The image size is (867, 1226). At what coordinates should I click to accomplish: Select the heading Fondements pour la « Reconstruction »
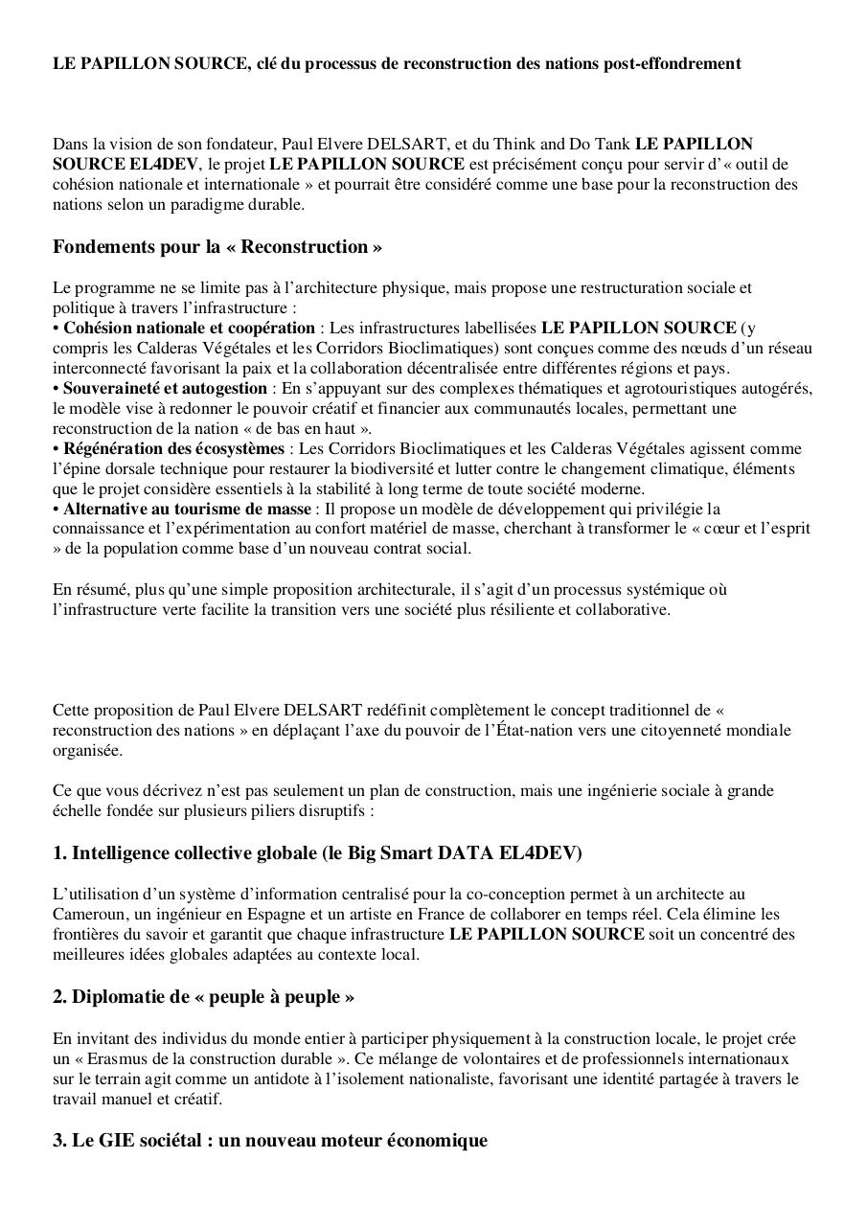pyautogui.click(x=217, y=247)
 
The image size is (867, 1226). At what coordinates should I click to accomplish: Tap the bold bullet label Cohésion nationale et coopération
pyautogui.click(x=189, y=328)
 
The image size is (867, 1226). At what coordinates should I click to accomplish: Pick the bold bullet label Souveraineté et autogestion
pyautogui.click(x=165, y=388)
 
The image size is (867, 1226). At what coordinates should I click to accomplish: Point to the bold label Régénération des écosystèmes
pyautogui.click(x=173, y=448)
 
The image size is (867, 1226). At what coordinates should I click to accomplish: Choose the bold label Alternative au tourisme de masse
pyautogui.click(x=187, y=509)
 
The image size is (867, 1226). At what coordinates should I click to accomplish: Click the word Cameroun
pyautogui.click(x=85, y=914)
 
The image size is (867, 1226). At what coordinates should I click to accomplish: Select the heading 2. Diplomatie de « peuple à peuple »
pyautogui.click(x=203, y=997)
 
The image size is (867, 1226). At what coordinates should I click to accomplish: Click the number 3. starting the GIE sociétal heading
pyautogui.click(x=59, y=1141)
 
